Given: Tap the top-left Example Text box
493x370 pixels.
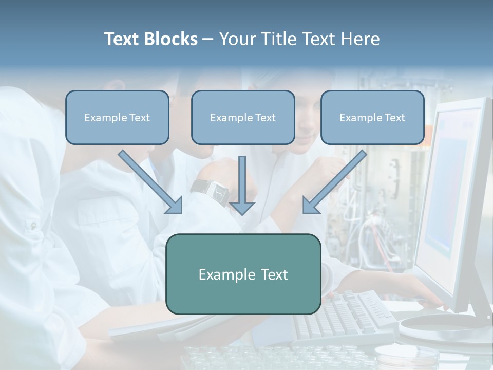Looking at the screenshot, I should coord(117,117).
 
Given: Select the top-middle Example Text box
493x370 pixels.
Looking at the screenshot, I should coord(243,117).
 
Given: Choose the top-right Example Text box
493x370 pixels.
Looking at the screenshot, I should coord(372,117).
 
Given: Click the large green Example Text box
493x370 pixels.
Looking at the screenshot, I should coord(243,274).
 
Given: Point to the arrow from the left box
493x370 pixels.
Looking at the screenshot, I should coord(149,181).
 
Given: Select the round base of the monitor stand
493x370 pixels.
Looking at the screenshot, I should coord(442,327).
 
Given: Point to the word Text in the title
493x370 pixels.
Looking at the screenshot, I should coord(122,39).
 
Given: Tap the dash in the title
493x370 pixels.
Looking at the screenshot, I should coord(208,40).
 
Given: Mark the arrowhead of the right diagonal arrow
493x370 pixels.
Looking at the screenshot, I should coord(310,205).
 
